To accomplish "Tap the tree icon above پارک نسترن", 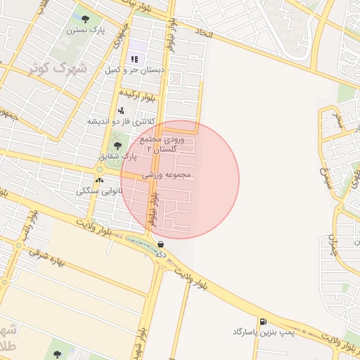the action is coord(85,19).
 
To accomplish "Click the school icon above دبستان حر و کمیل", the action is coord(134,58).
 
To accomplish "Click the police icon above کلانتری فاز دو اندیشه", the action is coord(121,110).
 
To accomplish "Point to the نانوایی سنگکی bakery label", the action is coord(100,191).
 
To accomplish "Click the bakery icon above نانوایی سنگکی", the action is coord(98,180).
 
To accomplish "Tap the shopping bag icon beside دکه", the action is coord(162,244).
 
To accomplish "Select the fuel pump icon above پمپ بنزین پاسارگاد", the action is coord(263,321).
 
